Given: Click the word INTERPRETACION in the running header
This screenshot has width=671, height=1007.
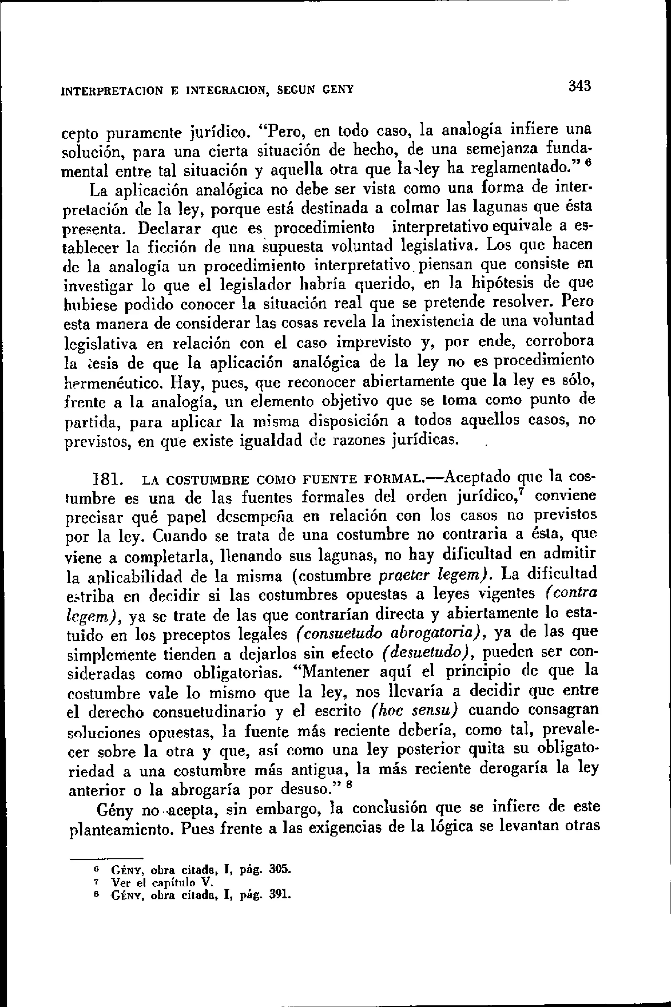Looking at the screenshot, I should [112, 91].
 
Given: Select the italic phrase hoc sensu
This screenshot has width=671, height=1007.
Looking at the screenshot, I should [414, 710].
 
